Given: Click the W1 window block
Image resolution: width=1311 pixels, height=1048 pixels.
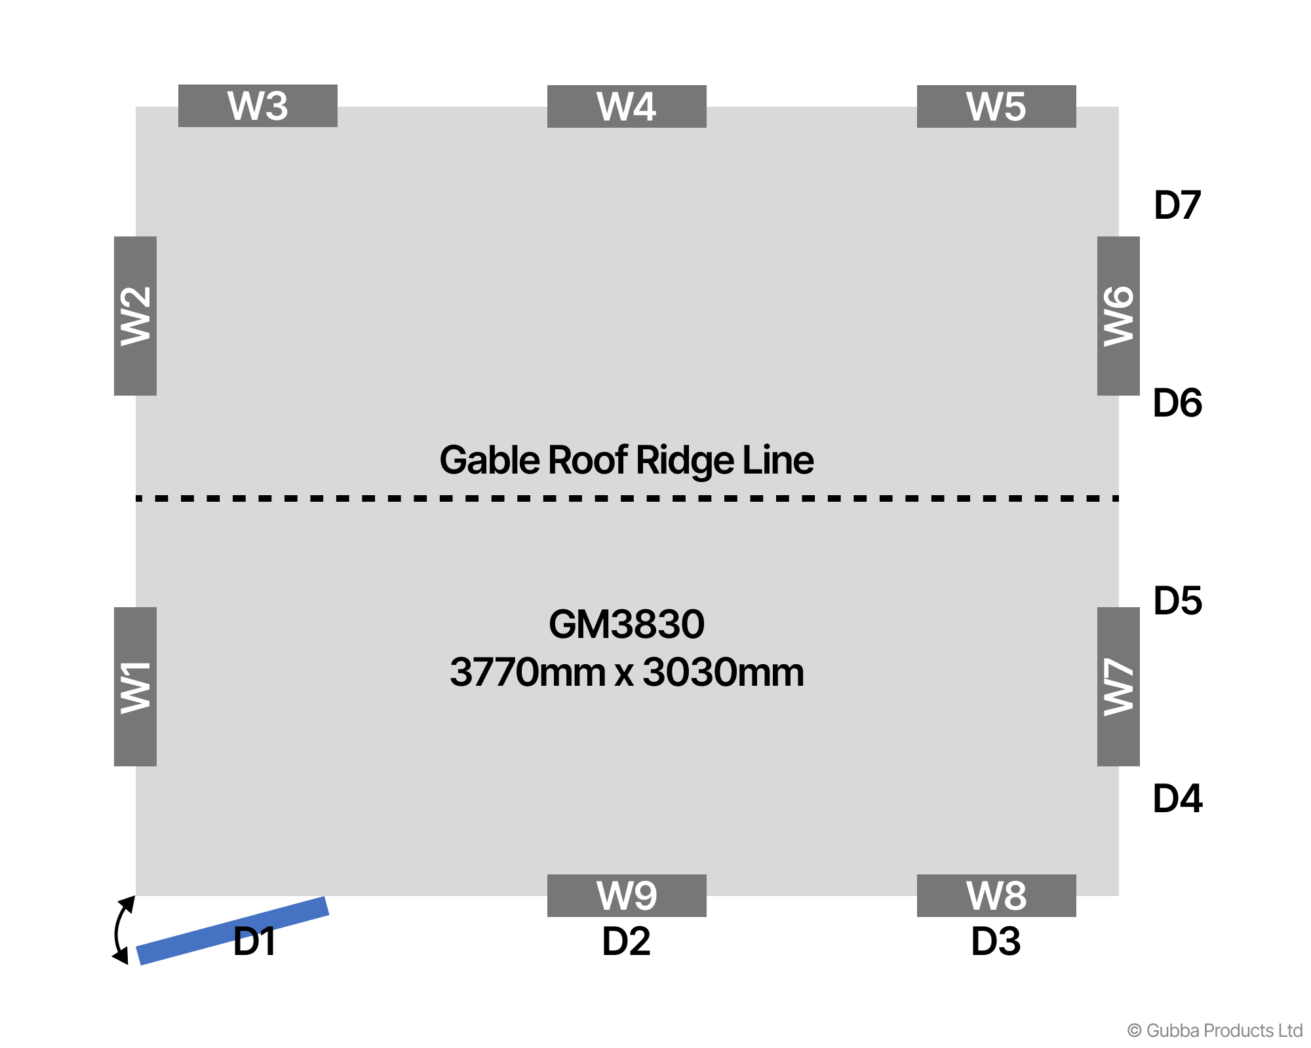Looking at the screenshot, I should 135,686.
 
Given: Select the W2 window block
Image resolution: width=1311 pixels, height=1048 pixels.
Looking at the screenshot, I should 135,316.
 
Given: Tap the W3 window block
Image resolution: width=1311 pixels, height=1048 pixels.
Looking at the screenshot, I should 258,105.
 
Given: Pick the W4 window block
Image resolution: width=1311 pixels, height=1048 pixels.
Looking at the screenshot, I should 627,106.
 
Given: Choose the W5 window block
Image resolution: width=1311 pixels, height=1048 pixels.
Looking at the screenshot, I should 996,106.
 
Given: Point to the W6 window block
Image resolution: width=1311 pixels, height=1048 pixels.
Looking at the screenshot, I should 1118,316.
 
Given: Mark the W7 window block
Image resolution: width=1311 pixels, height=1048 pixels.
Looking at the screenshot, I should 1118,686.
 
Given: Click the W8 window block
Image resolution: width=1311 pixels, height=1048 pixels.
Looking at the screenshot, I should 996,895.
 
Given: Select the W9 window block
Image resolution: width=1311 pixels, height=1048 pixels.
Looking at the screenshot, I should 627,895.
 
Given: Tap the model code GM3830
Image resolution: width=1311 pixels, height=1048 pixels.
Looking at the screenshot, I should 627,624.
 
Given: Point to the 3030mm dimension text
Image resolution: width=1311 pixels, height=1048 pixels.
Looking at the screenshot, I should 723,673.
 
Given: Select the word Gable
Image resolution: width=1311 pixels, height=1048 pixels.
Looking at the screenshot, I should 489,460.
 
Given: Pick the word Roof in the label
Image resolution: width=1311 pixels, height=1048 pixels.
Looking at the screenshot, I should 587,460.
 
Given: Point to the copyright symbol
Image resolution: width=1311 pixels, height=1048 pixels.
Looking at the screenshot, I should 1134,1031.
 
